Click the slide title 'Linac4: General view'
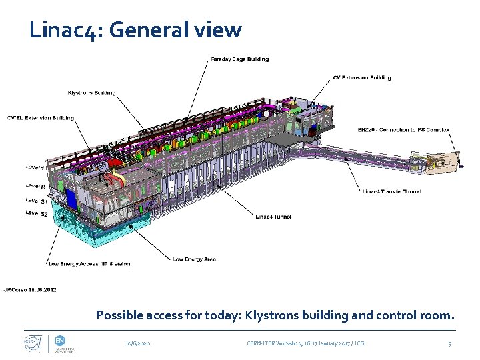click(x=135, y=30)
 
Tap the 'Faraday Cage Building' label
click(x=240, y=59)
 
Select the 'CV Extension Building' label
click(x=362, y=78)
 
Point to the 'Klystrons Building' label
click(x=91, y=93)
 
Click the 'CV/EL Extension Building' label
click(x=40, y=119)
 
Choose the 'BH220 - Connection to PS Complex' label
click(x=403, y=130)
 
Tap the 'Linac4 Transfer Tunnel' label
click(x=391, y=191)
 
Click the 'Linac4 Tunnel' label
click(x=273, y=216)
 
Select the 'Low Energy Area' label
click(x=194, y=259)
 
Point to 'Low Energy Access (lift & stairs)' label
click(x=89, y=264)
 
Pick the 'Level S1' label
click(x=36, y=201)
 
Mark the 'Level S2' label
click(x=36, y=213)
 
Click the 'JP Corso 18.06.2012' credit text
click(x=30, y=290)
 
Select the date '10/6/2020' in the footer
click(x=138, y=343)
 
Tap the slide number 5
click(x=449, y=343)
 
